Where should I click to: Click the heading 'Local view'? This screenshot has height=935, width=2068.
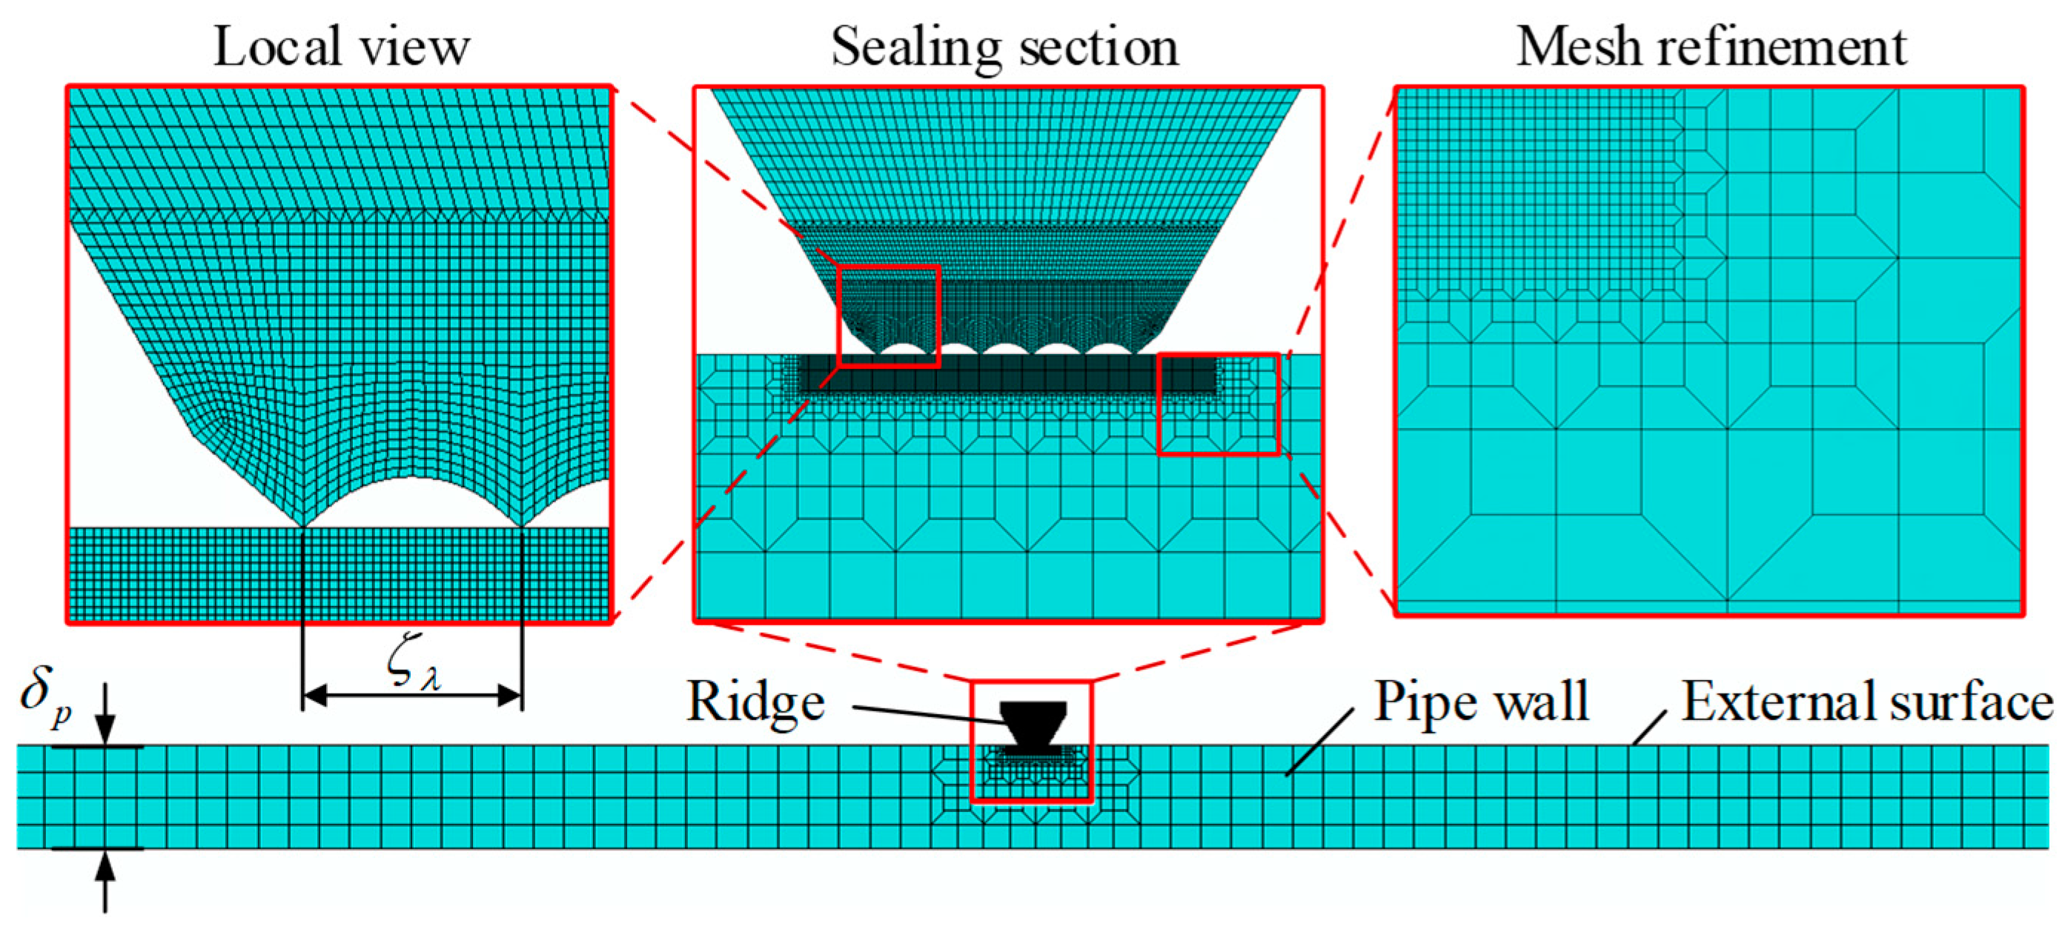coord(341,47)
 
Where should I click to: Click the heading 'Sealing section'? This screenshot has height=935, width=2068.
coord(1005,47)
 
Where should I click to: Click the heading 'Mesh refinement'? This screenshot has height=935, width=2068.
coord(1711,47)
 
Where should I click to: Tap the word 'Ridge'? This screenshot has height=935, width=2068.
coord(755,703)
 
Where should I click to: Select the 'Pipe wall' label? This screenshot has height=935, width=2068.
coord(1481,702)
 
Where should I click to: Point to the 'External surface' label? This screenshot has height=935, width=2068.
coord(1866,702)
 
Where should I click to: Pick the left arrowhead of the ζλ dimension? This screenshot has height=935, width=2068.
coord(315,696)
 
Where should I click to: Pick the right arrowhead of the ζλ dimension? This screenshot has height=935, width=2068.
coord(511,696)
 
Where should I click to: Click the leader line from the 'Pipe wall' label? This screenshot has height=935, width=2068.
coord(1321,742)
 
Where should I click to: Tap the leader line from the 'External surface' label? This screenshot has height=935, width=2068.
coord(1650,729)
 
